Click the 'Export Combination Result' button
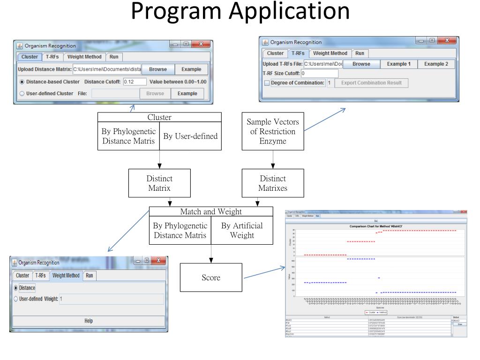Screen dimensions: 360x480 371,83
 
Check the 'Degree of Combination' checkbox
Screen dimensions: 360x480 267,83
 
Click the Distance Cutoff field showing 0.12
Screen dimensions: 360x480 135,82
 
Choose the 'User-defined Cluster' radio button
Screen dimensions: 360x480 22,93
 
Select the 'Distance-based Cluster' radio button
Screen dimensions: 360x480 22,82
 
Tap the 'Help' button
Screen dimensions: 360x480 88,321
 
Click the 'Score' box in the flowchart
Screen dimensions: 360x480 210,277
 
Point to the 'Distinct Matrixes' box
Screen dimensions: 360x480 273,183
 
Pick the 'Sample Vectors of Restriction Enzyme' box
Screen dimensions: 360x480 273,131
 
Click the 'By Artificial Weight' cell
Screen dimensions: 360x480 242,230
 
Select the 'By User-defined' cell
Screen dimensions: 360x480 190,136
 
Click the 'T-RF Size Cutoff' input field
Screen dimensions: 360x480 320,73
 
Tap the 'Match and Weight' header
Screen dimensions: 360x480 211,212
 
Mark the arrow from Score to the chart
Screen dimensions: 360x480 265,273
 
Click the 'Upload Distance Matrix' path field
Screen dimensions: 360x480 107,69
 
